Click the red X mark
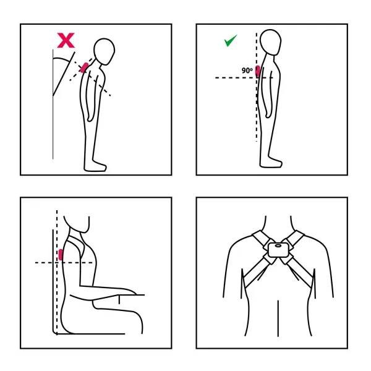click(x=66, y=40)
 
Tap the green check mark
click(x=230, y=41)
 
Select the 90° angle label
click(x=247, y=70)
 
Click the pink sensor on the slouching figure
click(x=84, y=67)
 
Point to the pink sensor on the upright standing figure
click(x=258, y=71)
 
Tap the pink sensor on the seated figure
click(x=61, y=255)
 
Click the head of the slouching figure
click(x=104, y=51)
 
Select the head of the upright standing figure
click(x=270, y=42)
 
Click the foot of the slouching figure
click(x=95, y=166)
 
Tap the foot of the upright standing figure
click(x=271, y=163)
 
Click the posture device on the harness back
click(x=278, y=250)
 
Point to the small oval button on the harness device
click(x=278, y=246)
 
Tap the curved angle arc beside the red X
click(x=62, y=59)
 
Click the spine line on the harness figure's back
click(x=278, y=318)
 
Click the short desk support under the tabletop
click(x=119, y=299)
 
